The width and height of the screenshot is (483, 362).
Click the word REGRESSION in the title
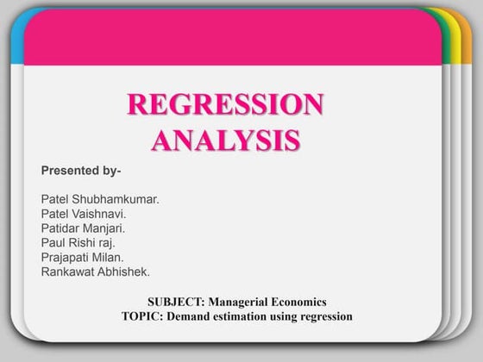[225, 104]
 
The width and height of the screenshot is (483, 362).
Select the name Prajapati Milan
[82, 257]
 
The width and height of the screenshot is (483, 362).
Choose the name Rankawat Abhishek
[95, 271]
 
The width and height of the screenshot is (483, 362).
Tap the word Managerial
[241, 302]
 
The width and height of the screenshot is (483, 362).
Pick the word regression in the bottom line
[324, 316]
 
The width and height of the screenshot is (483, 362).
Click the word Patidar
[60, 228]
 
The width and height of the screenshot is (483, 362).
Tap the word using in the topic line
[286, 316]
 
